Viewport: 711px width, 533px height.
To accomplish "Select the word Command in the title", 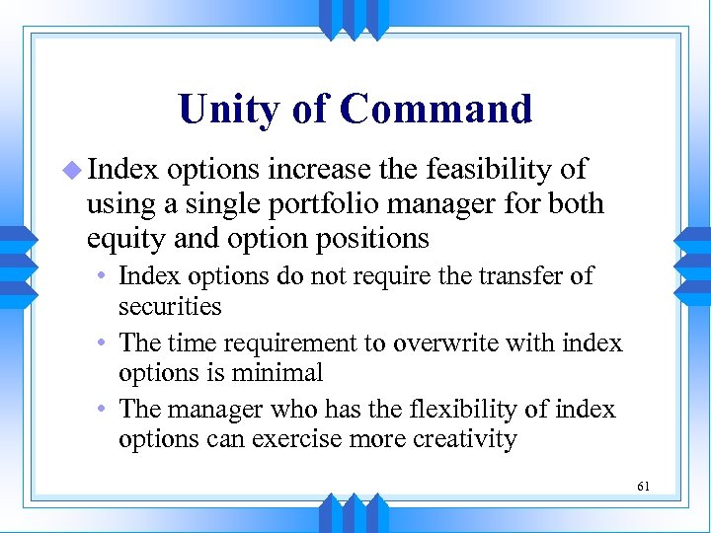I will point(435,110).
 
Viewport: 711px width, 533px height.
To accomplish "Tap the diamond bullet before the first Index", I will point(74,171).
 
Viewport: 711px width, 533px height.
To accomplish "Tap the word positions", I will point(373,239).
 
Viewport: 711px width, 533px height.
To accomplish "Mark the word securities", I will point(170,307).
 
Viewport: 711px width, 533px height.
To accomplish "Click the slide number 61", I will point(643,487).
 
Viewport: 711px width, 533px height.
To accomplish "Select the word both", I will point(575,204).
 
